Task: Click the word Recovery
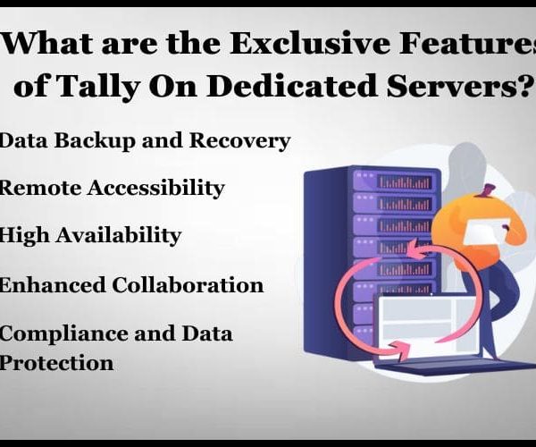coord(239,140)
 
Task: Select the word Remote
coord(40,188)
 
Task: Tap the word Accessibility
coord(155,189)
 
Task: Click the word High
coord(24,236)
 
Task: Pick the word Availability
coord(118,236)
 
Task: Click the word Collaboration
coord(188,284)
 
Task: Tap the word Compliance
coord(63,334)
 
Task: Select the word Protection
coord(56,363)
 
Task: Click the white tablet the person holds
coord(485,231)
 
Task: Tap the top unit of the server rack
coord(394,181)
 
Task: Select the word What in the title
coord(48,44)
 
